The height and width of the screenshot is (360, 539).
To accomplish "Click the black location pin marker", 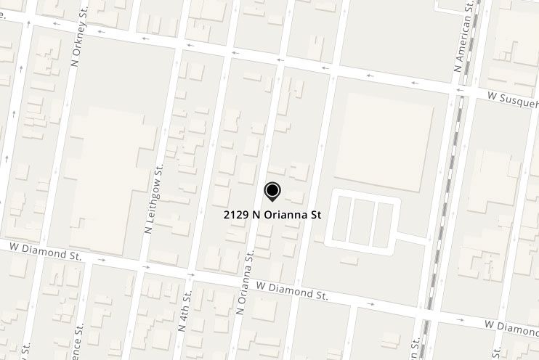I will coord(272,192).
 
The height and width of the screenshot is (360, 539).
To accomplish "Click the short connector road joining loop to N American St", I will coord(412,237).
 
